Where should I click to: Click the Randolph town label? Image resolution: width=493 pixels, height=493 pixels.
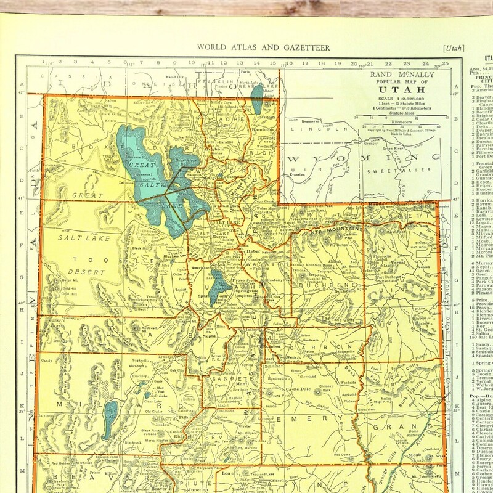tap(262, 130)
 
